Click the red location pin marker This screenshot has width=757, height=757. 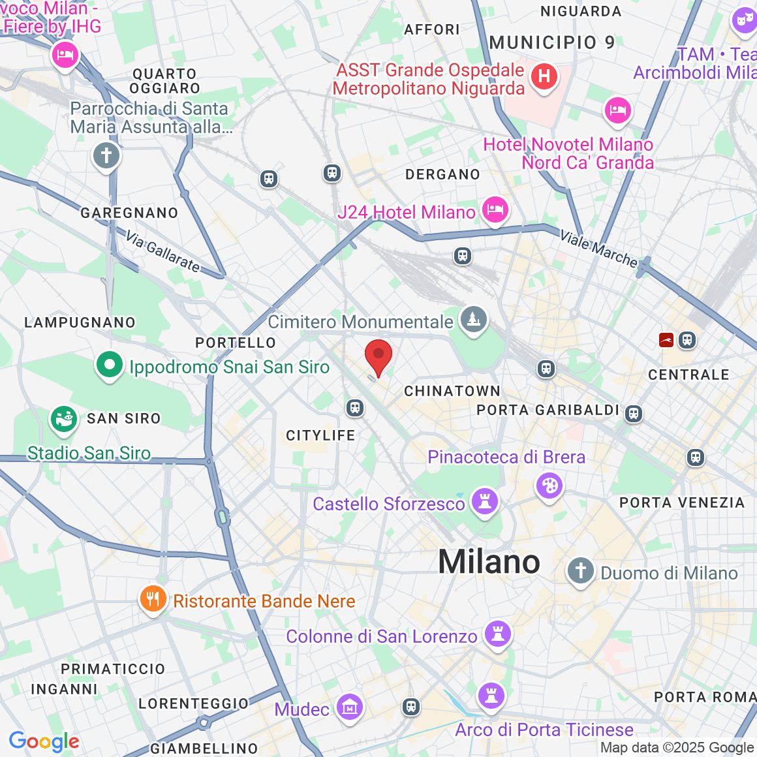pyautogui.click(x=378, y=356)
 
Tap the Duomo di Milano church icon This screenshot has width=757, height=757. pyautogui.click(x=580, y=571)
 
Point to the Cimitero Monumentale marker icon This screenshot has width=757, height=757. pyautogui.click(x=474, y=320)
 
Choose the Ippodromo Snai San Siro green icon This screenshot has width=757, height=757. pyautogui.click(x=110, y=365)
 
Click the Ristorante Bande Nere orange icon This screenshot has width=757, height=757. pyautogui.click(x=153, y=598)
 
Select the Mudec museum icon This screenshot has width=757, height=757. pyautogui.click(x=350, y=707)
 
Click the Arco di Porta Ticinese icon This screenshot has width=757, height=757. pyautogui.click(x=491, y=696)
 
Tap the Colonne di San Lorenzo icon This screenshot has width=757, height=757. pyautogui.click(x=498, y=634)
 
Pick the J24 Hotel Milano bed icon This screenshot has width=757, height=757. pyautogui.click(x=495, y=210)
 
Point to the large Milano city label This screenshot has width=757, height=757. pyautogui.click(x=489, y=562)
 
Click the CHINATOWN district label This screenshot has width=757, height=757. pyautogui.click(x=452, y=391)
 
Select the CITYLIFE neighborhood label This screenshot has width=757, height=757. pyautogui.click(x=320, y=435)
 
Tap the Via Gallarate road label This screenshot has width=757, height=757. pyautogui.click(x=163, y=251)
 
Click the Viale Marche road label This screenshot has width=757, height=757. pyautogui.click(x=598, y=249)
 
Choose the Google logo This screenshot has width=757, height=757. pyautogui.click(x=44, y=741)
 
